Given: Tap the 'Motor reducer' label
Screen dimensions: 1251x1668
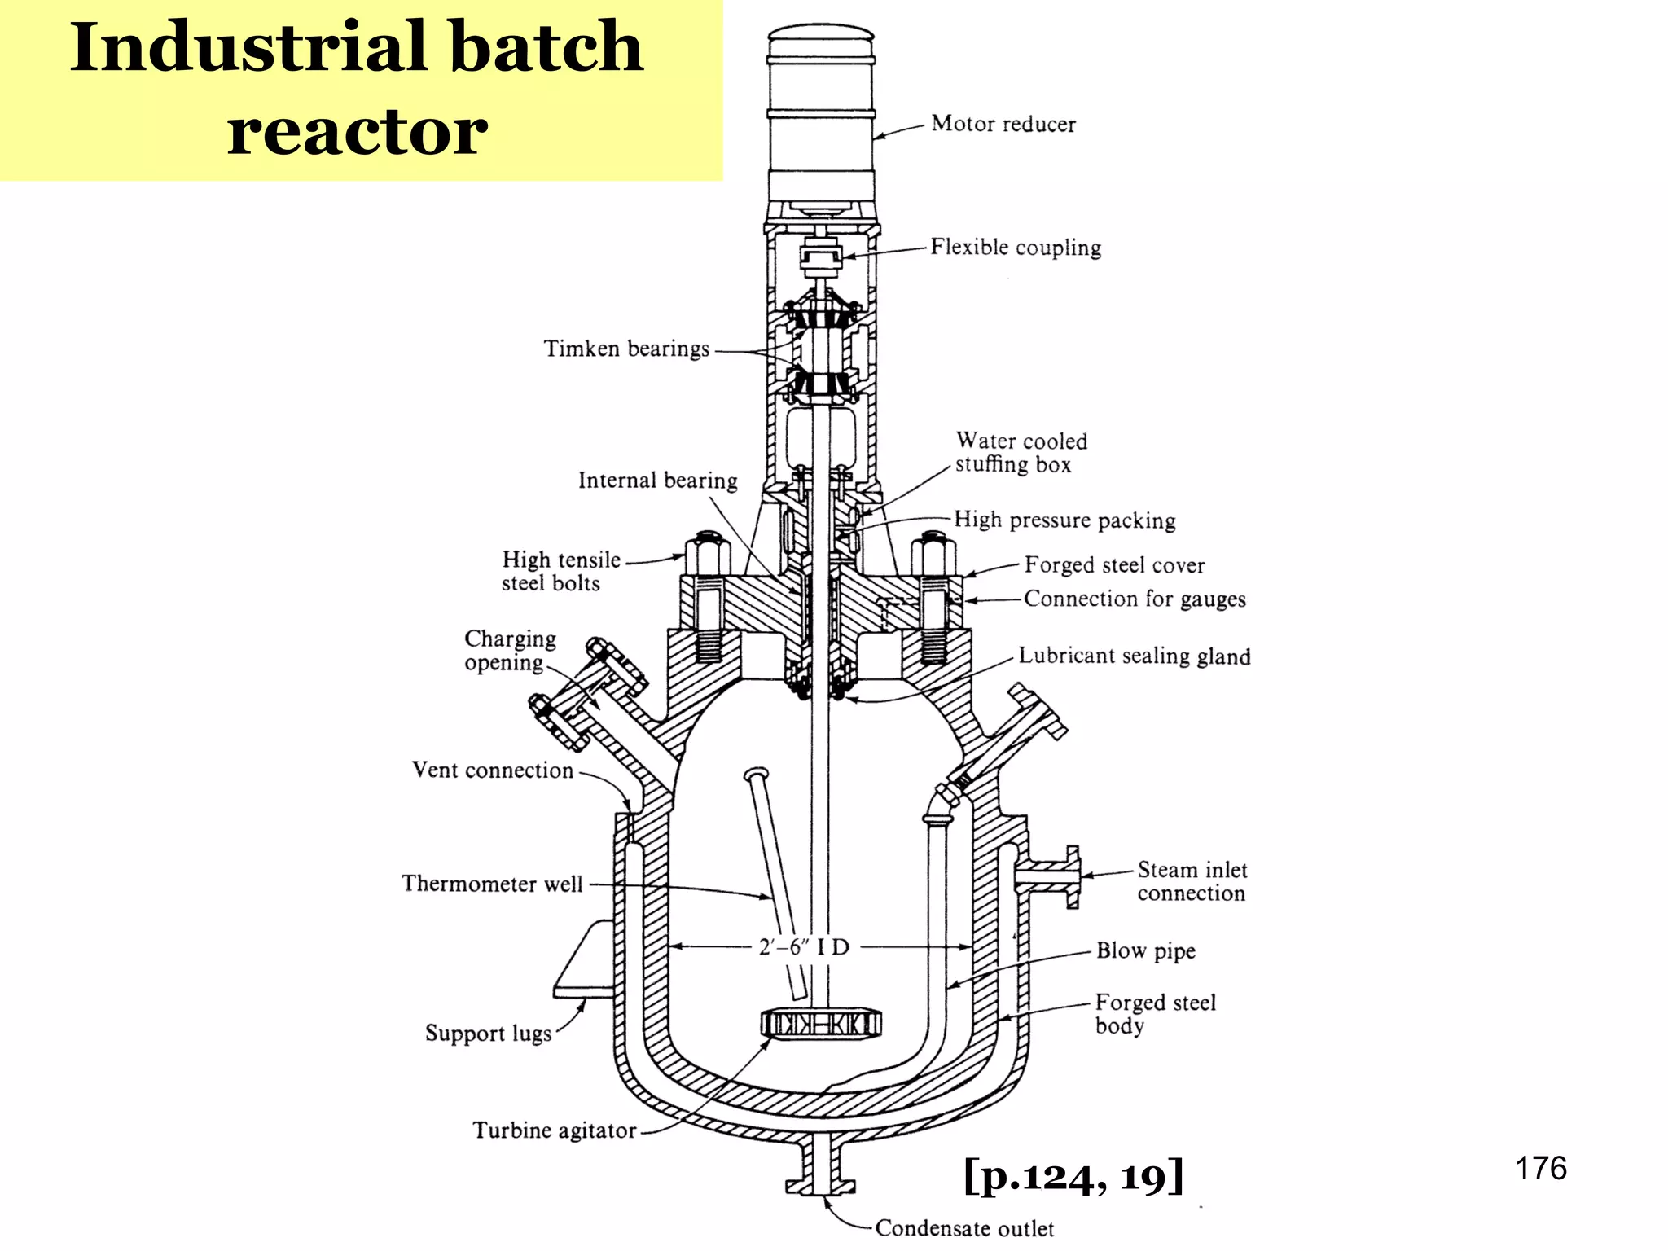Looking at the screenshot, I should (x=1003, y=124).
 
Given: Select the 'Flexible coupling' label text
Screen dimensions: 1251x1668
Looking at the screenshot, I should (x=1016, y=247).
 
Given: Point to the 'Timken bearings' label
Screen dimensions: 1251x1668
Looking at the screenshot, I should (x=626, y=349).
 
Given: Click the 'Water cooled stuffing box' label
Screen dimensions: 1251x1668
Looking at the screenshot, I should (x=1021, y=453).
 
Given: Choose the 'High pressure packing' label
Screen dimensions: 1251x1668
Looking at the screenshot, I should (x=1064, y=520).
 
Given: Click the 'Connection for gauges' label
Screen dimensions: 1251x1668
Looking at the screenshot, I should (x=1135, y=599).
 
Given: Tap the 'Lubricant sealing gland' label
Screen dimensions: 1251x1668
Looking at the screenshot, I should (x=1134, y=656).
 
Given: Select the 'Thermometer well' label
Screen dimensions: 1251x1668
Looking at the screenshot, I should (x=492, y=884).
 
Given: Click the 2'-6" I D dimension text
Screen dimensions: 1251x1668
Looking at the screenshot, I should (x=804, y=947).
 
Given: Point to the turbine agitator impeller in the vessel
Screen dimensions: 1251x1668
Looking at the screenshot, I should (x=821, y=1024).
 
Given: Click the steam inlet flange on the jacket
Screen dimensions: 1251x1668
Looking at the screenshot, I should (x=1072, y=876).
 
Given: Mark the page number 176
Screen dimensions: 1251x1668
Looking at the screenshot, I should (x=1540, y=1168).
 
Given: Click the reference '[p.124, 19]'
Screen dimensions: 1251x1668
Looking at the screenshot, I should (x=1073, y=1176).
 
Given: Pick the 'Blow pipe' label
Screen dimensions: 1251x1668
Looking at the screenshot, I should (x=1145, y=950).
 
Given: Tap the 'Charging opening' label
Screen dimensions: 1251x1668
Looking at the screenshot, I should (x=510, y=650).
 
